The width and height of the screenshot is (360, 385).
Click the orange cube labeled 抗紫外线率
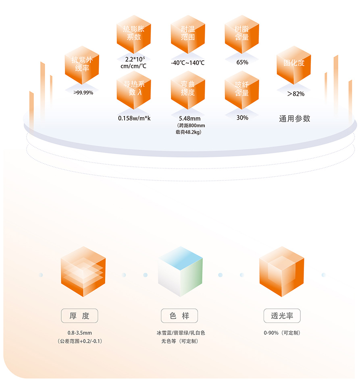point(82,64)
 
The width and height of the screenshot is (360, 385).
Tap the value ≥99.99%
point(83,93)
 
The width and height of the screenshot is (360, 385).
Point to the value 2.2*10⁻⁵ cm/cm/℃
point(133,62)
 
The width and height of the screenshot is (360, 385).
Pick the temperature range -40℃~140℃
point(188,63)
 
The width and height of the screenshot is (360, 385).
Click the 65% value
point(242,62)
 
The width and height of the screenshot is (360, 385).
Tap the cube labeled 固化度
point(294,64)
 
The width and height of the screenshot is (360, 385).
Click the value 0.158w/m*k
point(134,118)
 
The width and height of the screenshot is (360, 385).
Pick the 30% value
point(242,118)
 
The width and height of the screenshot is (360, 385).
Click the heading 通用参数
point(295,119)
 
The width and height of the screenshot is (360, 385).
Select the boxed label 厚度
point(79,316)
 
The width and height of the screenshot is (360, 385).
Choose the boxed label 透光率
point(282,316)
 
